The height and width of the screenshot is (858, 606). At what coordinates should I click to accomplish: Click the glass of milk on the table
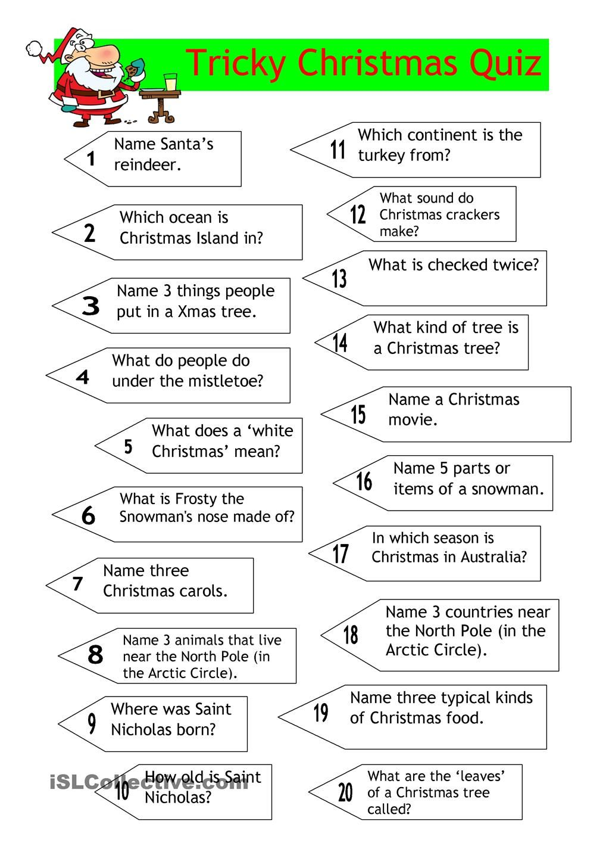[170, 82]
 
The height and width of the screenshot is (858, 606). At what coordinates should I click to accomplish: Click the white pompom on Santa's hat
[35, 49]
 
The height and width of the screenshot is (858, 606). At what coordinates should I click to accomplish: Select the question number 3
[90, 306]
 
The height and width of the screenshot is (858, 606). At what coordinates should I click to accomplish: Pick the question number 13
[339, 278]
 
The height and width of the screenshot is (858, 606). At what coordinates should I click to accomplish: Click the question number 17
[340, 554]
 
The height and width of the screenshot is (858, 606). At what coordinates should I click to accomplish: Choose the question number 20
[345, 792]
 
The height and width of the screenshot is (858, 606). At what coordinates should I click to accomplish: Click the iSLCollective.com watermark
[149, 782]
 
